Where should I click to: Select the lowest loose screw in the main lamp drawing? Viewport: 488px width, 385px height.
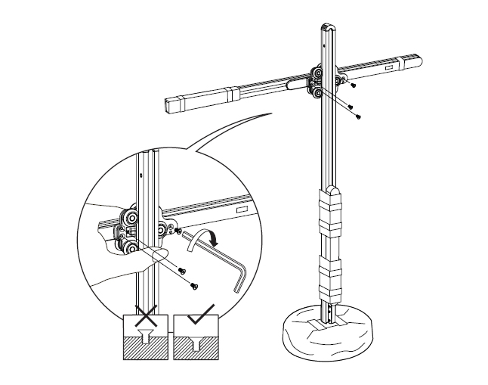(357, 116)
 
